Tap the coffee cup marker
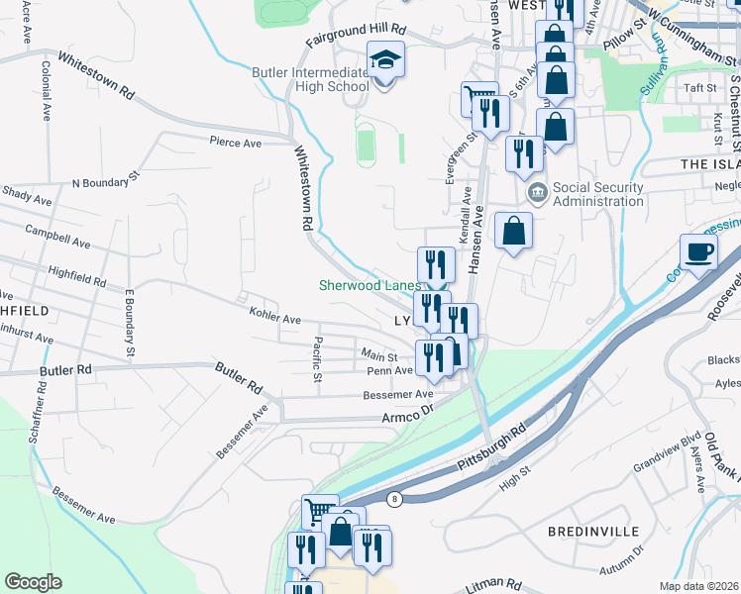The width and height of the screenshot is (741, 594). tap(698, 251)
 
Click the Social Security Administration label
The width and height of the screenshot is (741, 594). tap(597, 194)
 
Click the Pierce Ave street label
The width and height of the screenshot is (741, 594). tap(235, 143)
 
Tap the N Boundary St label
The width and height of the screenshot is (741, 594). tap(115, 182)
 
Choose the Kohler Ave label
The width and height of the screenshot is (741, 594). tap(275, 320)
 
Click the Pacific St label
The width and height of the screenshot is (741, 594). tap(316, 360)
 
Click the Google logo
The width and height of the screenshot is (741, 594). tap(33, 582)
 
